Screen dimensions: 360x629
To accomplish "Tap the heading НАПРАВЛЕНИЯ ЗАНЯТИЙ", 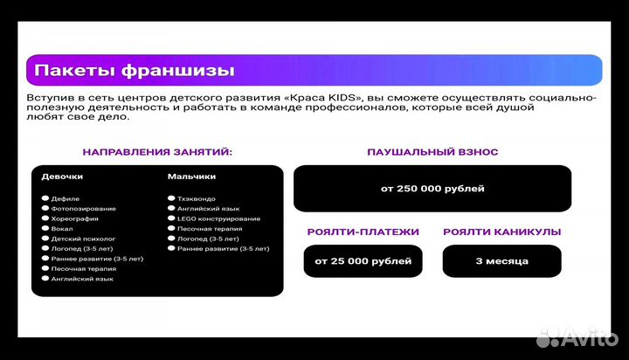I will [x=157, y=152].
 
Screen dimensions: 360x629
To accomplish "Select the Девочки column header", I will [x=62, y=177].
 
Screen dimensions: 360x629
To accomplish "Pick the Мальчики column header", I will [x=191, y=177].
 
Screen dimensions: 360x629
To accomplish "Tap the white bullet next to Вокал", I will [x=45, y=229].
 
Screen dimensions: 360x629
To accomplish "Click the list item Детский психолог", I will [x=83, y=239].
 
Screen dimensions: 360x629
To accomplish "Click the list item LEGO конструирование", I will [x=218, y=218].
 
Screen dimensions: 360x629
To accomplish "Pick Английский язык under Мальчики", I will [x=208, y=209].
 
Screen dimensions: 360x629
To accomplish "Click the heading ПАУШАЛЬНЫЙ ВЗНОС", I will [x=432, y=152].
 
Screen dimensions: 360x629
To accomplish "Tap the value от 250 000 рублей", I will [x=432, y=189].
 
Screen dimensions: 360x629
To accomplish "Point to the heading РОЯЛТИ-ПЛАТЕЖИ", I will [x=363, y=232].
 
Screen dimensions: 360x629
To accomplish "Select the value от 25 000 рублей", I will [x=363, y=261].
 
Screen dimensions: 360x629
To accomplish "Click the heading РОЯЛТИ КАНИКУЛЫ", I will [x=501, y=232].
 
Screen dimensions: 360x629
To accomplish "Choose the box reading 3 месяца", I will [x=501, y=261].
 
